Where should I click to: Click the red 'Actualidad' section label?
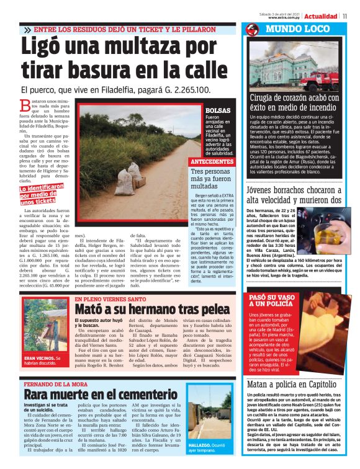coord(321,16)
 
